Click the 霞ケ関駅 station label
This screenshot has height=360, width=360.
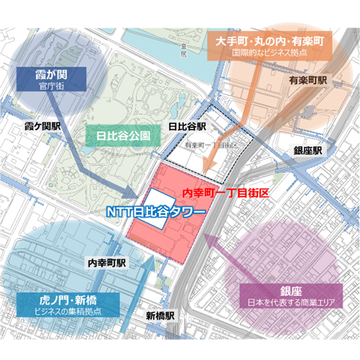43,125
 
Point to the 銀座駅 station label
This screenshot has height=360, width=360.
307,150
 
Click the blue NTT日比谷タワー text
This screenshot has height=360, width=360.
155,212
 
